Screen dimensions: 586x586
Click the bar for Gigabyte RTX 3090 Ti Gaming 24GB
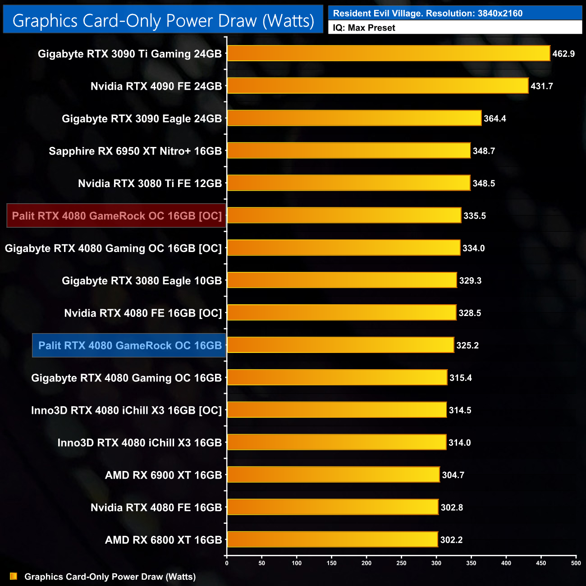pyautogui.click(x=389, y=53)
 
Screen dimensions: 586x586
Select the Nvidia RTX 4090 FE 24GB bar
pyautogui.click(x=378, y=86)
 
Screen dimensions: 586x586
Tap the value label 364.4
pyautogui.click(x=494, y=119)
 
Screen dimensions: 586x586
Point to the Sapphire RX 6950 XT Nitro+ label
pyautogui.click(x=135, y=151)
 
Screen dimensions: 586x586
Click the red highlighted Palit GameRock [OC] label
pyautogui.click(x=116, y=216)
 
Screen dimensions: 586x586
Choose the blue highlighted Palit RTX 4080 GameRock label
pyautogui.click(x=129, y=346)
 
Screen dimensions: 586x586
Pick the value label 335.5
pyautogui.click(x=474, y=216)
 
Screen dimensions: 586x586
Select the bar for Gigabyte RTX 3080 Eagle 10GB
pyautogui.click(x=342, y=280)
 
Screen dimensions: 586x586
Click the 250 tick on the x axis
pyautogui.click(x=401, y=563)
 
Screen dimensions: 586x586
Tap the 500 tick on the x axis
pyautogui.click(x=576, y=563)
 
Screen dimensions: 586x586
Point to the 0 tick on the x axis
pyautogui.click(x=227, y=563)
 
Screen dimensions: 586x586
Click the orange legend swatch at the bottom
pyautogui.click(x=14, y=576)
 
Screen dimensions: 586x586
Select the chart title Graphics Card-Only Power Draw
pyautogui.click(x=163, y=21)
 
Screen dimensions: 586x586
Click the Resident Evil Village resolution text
pyautogui.click(x=427, y=14)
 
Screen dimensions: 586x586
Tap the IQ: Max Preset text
pyautogui.click(x=364, y=28)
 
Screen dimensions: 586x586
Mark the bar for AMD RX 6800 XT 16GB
pyautogui.click(x=332, y=540)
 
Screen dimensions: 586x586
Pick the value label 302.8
pyautogui.click(x=452, y=508)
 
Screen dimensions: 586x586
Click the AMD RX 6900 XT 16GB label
pyautogui.click(x=163, y=475)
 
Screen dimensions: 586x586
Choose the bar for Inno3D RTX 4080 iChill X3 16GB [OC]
pyautogui.click(x=337, y=410)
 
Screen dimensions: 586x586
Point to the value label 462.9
pyautogui.click(x=563, y=54)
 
